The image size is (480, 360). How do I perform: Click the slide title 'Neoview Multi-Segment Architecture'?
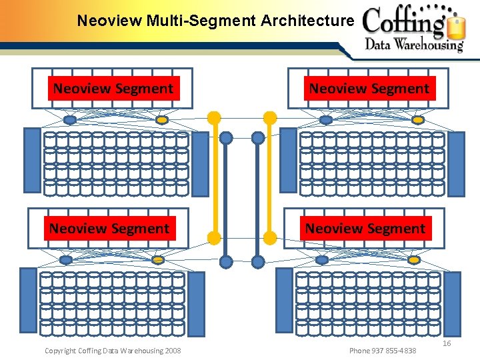click(x=215, y=21)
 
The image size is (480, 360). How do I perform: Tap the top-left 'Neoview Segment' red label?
click(x=113, y=89)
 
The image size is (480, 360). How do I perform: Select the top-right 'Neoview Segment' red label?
click(x=369, y=89)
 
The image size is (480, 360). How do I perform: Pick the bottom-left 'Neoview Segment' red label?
click(x=109, y=229)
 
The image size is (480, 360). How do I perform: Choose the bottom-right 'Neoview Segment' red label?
click(x=365, y=229)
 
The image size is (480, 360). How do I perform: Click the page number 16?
click(x=447, y=343)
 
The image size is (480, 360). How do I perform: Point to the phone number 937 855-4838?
click(x=383, y=351)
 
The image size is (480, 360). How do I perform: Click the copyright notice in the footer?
click(x=112, y=351)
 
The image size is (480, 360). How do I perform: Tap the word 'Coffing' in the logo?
click(x=404, y=23)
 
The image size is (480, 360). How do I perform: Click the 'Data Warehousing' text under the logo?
click(x=414, y=45)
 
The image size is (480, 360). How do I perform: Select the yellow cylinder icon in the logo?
click(x=457, y=28)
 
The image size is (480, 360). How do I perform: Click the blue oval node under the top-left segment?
click(x=69, y=120)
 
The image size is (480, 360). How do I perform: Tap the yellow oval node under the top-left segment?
click(x=161, y=120)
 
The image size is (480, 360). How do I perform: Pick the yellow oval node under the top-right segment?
click(x=417, y=120)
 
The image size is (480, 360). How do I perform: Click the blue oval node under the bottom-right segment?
click(x=321, y=259)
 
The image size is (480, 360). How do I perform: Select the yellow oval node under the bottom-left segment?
click(x=158, y=259)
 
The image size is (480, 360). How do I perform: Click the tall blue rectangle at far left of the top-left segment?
click(x=32, y=160)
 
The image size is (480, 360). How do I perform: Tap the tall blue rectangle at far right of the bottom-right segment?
click(x=452, y=303)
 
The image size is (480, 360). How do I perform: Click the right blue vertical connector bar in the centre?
click(x=258, y=200)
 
